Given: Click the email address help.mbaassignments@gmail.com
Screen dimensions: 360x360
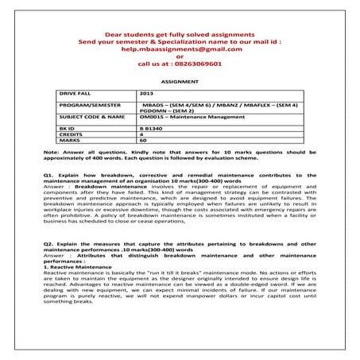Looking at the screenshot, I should [x=180, y=48].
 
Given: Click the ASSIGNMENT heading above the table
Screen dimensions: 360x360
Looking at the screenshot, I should [x=180, y=81].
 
